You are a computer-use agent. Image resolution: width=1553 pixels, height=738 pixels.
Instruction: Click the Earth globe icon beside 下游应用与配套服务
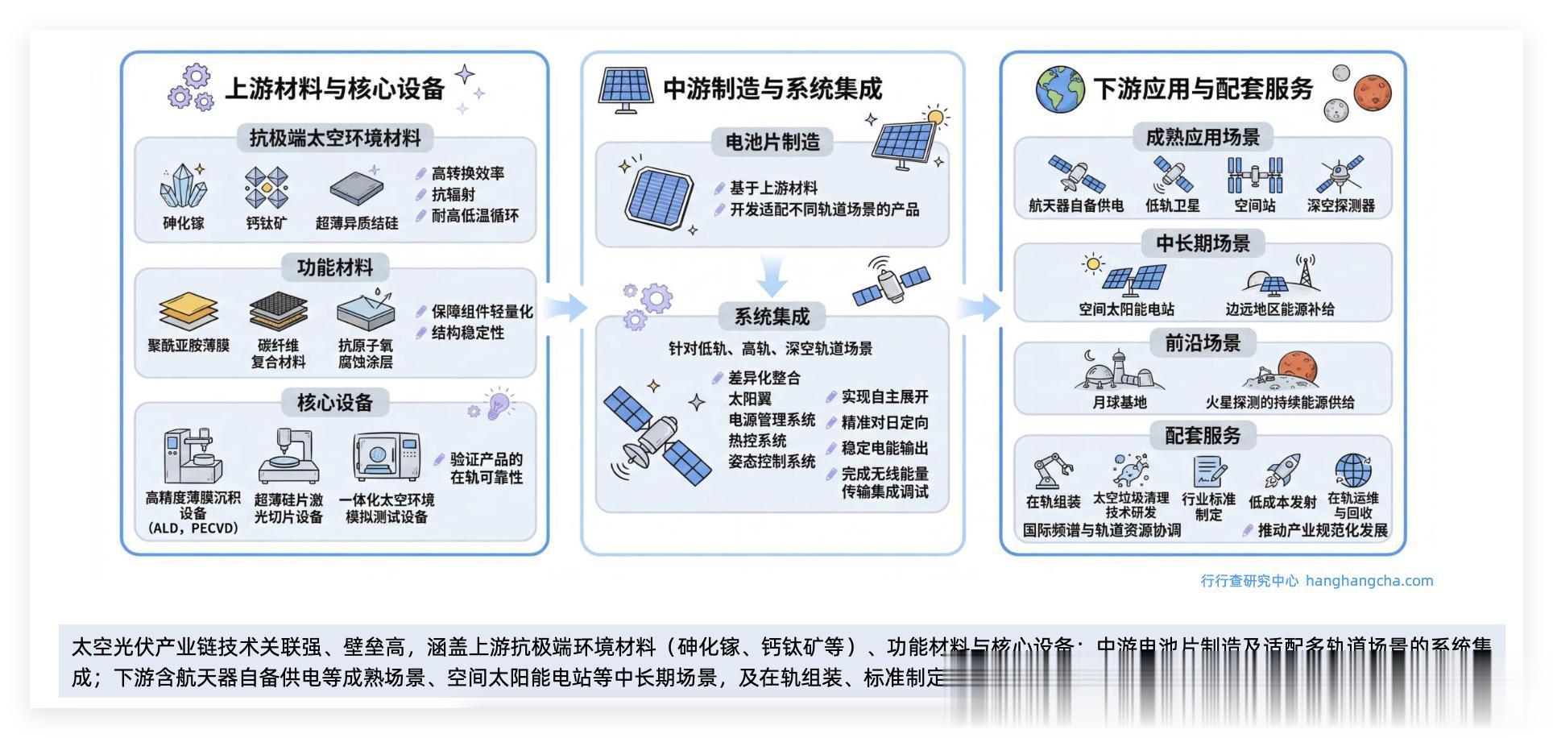[x=1060, y=89]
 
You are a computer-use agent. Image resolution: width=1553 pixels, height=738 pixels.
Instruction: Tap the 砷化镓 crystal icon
[x=183, y=188]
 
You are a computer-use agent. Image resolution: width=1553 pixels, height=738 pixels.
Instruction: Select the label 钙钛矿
[x=266, y=223]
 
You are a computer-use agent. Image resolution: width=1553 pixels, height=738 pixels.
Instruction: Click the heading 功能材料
[x=334, y=267]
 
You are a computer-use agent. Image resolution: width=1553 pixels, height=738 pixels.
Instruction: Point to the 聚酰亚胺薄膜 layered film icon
[x=188, y=312]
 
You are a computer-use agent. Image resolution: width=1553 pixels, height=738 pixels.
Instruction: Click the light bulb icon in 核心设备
[x=498, y=403]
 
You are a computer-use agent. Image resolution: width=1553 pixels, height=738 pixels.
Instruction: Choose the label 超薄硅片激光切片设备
[x=288, y=508]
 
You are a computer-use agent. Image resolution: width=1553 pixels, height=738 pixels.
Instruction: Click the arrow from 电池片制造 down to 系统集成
[x=772, y=276]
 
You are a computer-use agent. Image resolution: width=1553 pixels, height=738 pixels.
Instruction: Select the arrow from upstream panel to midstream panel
[x=566, y=307]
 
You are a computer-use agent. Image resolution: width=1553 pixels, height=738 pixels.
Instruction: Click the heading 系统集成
[x=771, y=317]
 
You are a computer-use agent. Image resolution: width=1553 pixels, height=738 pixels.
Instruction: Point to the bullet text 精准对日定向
[x=884, y=422]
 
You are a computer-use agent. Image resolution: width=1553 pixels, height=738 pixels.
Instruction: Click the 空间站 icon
[x=1254, y=174]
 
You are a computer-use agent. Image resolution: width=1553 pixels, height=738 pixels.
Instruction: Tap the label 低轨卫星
[x=1172, y=206]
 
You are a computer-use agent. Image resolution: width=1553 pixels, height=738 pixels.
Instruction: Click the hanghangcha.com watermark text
[x=1369, y=581]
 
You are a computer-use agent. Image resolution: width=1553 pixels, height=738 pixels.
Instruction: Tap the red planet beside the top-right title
[x=1373, y=92]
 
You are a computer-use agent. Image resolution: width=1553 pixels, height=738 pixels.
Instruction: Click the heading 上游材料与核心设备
[x=334, y=89]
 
